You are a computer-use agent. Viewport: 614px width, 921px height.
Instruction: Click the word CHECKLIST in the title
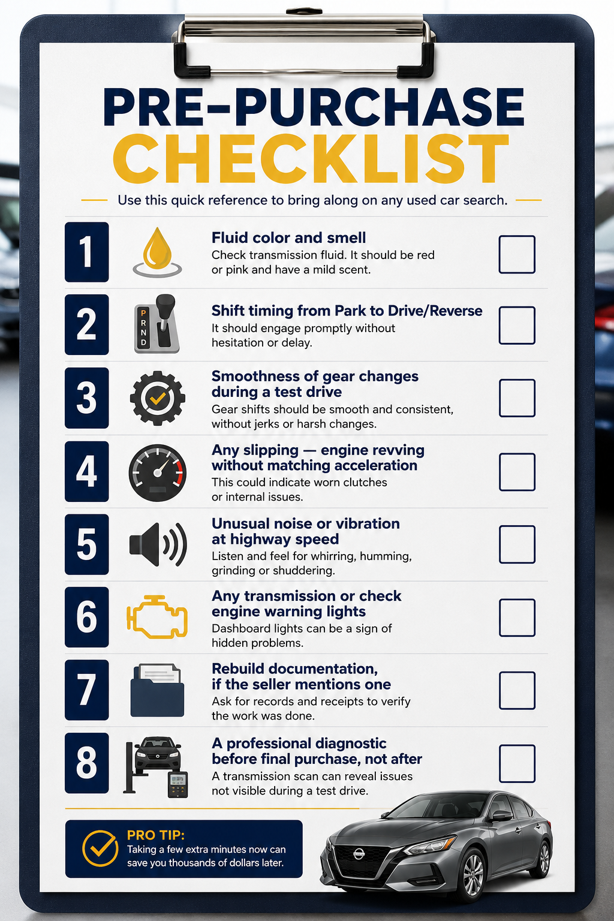(311, 159)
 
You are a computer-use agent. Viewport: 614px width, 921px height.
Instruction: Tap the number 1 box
(87, 252)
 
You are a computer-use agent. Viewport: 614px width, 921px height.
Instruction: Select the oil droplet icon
(157, 252)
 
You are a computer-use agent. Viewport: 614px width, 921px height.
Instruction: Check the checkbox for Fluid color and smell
(517, 254)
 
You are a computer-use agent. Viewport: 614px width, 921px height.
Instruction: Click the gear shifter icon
(157, 324)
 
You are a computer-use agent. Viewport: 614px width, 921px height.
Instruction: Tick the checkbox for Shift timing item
(517, 325)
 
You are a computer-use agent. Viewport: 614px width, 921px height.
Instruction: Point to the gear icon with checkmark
(158, 398)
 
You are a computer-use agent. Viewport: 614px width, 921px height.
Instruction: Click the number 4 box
(87, 471)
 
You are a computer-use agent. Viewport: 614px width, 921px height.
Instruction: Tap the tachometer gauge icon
(158, 472)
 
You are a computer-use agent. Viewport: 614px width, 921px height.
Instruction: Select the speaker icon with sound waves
(158, 544)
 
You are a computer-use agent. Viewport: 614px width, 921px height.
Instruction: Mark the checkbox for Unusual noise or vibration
(517, 544)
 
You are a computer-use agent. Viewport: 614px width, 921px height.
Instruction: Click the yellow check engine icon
(157, 617)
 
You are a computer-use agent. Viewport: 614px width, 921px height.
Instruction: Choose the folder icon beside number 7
(157, 690)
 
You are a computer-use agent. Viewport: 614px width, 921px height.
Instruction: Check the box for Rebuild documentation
(517, 691)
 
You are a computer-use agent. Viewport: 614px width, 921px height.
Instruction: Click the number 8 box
(87, 763)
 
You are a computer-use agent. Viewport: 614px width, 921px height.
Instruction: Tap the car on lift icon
(156, 767)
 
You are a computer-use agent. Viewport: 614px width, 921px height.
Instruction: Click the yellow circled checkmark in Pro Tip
(100, 849)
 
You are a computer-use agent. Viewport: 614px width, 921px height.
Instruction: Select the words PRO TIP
(155, 835)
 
